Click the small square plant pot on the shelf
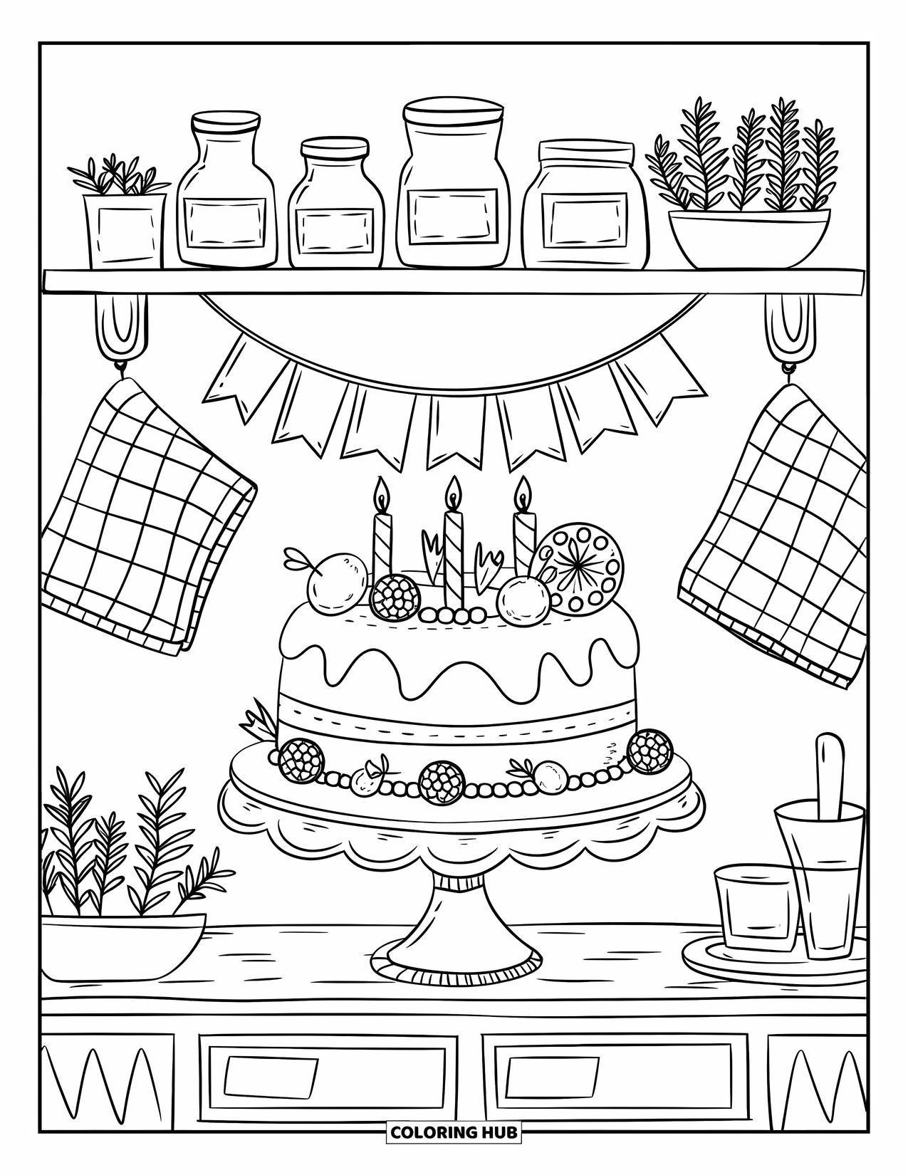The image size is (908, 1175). pos(125,231)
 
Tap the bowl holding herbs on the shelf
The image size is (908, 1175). pos(748,238)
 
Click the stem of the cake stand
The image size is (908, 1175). pos(454,919)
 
